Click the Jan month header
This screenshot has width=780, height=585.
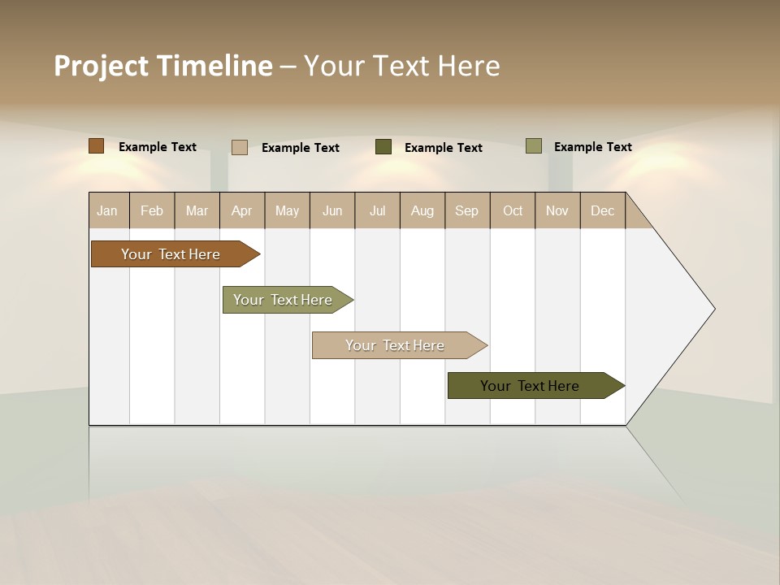coord(108,210)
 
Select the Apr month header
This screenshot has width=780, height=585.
coord(242,210)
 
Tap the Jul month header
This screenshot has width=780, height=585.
coord(377,210)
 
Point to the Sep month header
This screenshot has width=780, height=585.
coord(467,210)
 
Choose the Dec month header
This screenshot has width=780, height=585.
coord(602,210)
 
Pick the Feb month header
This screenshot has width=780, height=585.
coord(152,210)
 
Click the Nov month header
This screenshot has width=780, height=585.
coord(557,210)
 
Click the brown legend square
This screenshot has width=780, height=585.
coord(97,146)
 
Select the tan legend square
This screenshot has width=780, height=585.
coord(240,147)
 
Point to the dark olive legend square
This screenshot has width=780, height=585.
coord(383,147)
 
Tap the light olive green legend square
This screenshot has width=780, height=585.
coord(534,146)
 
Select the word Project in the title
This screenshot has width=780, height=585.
coord(101,66)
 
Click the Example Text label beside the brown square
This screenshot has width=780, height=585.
coord(158,147)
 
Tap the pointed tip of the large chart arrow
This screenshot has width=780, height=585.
coord(713,309)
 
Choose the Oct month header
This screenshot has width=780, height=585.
coord(513,210)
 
